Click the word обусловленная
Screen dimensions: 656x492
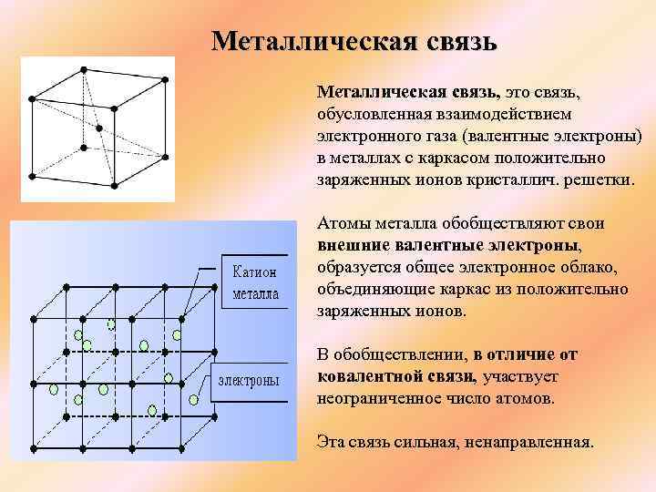pyautogui.click(x=369, y=115)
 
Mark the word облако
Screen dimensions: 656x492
pyautogui.click(x=589, y=268)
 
